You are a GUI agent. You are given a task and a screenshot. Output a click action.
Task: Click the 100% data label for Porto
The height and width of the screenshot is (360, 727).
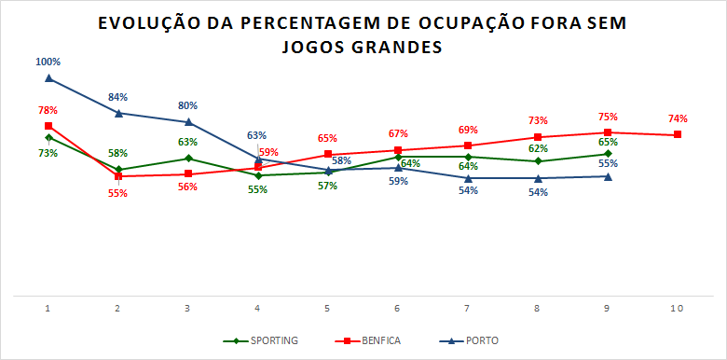48,62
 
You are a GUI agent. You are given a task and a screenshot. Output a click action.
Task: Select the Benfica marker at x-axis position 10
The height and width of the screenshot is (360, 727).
678,134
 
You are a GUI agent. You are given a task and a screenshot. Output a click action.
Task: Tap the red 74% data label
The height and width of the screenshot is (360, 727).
678,118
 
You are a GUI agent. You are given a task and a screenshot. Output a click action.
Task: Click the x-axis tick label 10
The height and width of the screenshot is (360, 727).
678,308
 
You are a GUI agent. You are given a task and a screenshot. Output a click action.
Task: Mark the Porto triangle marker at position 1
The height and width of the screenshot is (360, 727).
48,78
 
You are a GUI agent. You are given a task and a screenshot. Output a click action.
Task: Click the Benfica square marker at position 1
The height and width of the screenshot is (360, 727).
48,126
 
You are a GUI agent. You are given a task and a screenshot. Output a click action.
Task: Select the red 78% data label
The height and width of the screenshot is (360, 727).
48,110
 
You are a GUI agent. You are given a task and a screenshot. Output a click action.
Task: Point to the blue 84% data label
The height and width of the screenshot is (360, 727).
118,97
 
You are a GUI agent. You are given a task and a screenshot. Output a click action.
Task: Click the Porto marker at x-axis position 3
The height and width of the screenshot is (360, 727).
188,122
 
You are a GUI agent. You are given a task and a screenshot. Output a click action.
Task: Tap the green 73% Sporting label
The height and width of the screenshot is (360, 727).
48,153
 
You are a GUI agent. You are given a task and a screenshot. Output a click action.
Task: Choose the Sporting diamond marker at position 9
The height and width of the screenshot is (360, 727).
608,154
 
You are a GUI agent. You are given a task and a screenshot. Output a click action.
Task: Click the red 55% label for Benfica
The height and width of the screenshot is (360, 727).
118,193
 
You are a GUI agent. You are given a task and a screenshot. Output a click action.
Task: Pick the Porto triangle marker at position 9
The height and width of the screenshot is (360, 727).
608,176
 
